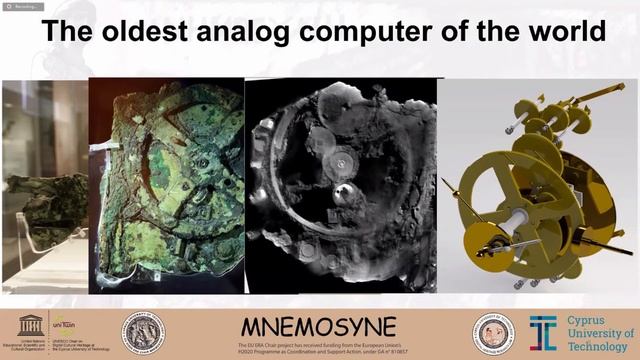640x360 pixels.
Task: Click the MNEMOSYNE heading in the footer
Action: [319, 326]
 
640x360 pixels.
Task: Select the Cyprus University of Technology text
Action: [597, 332]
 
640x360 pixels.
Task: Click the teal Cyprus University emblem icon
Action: [542, 332]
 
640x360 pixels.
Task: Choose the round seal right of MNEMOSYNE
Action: [493, 332]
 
